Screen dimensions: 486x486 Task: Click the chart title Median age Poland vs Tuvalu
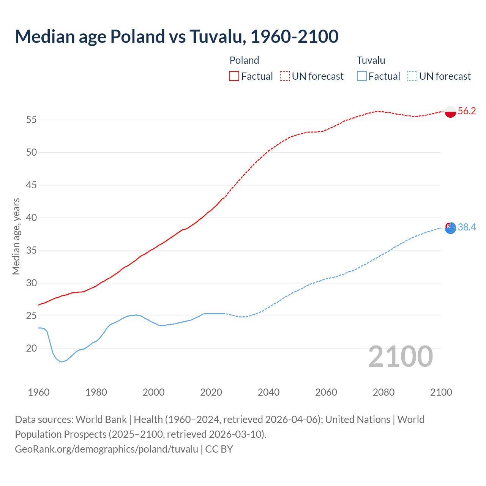(x=177, y=37)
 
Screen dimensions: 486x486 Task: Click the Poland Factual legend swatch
(x=234, y=76)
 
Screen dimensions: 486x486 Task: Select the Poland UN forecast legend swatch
(x=285, y=76)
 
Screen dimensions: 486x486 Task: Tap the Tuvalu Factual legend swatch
(x=362, y=76)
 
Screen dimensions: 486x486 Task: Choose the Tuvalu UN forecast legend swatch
(x=412, y=76)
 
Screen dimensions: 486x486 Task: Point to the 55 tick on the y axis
(x=32, y=120)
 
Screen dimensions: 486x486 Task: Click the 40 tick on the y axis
(x=32, y=218)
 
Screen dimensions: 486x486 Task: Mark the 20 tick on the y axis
(x=32, y=349)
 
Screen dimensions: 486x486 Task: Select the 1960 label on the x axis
(x=39, y=392)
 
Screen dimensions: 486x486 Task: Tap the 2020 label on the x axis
(x=211, y=392)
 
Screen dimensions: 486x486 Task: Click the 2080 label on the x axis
(x=383, y=392)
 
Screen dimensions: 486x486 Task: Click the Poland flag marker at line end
(x=450, y=112)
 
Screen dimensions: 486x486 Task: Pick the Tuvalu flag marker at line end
(x=450, y=228)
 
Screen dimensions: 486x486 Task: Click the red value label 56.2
(x=467, y=111)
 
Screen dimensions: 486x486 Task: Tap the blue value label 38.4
(x=467, y=227)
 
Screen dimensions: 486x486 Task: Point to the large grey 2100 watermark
(x=401, y=356)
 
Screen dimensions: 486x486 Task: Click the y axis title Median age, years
(x=16, y=236)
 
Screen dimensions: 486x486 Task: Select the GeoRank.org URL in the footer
(x=106, y=449)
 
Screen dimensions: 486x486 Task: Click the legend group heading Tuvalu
(x=371, y=60)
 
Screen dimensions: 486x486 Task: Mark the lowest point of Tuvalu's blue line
(x=62, y=362)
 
